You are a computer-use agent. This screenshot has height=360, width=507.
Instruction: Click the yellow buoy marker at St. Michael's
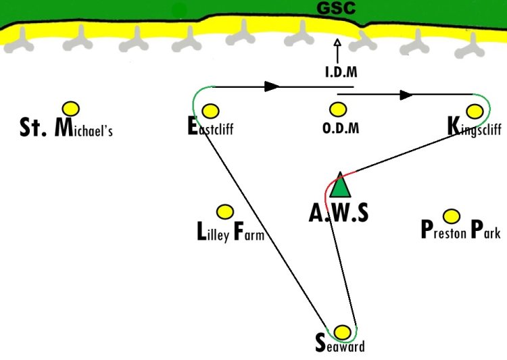71,109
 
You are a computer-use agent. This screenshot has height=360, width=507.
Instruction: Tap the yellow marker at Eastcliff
210,111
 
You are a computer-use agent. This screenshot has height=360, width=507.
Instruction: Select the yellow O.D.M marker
338,109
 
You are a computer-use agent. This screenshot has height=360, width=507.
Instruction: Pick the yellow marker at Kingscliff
475,111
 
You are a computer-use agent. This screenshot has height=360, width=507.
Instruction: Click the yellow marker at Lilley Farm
224,212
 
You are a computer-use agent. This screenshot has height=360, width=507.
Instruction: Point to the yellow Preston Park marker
452,216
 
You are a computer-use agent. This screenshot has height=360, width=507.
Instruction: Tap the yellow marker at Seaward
342,332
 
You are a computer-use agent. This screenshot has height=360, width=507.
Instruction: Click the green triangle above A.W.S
340,185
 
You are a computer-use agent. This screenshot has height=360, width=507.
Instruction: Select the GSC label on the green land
336,8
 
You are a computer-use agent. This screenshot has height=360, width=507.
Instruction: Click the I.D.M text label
341,72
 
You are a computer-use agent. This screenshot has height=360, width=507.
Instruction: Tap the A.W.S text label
339,213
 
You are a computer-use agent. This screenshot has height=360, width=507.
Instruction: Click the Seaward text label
340,344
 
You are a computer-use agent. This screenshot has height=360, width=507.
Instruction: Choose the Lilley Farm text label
231,232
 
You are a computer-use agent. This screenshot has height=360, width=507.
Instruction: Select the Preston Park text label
461,230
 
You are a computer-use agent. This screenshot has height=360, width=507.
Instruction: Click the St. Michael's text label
66,128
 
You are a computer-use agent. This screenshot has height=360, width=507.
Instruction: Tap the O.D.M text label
341,128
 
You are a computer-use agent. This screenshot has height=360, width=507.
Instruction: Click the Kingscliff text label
475,127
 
